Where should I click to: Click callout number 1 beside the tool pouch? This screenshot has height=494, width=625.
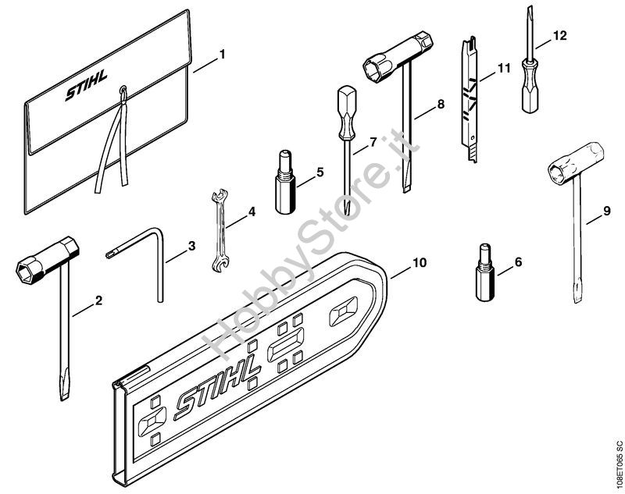223,54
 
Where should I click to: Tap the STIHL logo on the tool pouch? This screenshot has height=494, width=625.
86,86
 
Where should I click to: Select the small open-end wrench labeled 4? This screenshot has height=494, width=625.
220,231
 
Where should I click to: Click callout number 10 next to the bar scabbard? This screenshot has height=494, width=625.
420,263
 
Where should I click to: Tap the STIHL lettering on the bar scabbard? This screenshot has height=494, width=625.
217,382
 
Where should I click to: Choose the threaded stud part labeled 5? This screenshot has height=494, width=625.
285,182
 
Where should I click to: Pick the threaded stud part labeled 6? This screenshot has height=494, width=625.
485,272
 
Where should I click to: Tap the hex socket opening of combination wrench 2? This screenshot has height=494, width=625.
28,271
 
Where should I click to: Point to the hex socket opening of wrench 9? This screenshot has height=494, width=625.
558,172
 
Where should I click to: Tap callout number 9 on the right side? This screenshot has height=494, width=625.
607,211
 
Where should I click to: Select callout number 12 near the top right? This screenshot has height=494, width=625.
559,35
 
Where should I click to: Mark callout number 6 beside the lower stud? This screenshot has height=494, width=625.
518,262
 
